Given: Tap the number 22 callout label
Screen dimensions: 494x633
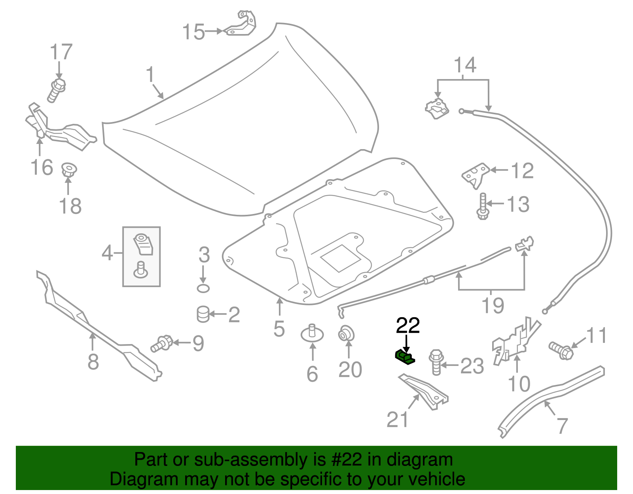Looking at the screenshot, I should (408, 326).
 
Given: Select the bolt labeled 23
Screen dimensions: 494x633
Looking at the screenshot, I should (436, 362).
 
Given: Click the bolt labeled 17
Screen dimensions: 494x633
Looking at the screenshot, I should (57, 90).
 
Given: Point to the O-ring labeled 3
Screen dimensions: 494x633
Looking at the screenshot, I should (203, 288).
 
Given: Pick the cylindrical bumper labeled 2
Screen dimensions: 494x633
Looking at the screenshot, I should (203, 314).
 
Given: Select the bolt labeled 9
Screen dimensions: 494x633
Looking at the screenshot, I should (162, 343).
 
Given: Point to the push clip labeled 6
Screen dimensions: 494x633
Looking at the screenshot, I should (312, 333).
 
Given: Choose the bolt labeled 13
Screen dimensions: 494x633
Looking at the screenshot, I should (483, 206).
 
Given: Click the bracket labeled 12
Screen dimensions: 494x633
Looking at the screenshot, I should (476, 174).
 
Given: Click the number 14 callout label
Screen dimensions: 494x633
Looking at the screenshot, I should (465, 65).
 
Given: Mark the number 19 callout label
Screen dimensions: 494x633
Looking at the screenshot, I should (493, 306).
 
